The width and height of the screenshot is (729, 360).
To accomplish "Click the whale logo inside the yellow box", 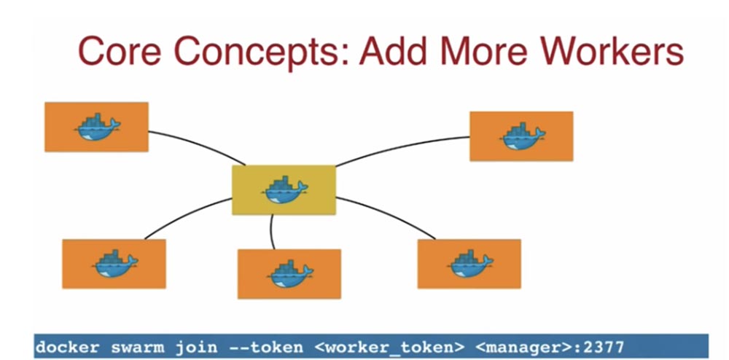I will (284, 190).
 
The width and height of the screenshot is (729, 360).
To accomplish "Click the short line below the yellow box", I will (271, 232).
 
